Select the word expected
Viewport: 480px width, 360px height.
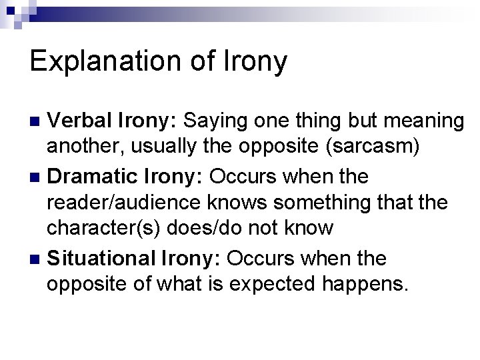pyautogui.click(x=254, y=284)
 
